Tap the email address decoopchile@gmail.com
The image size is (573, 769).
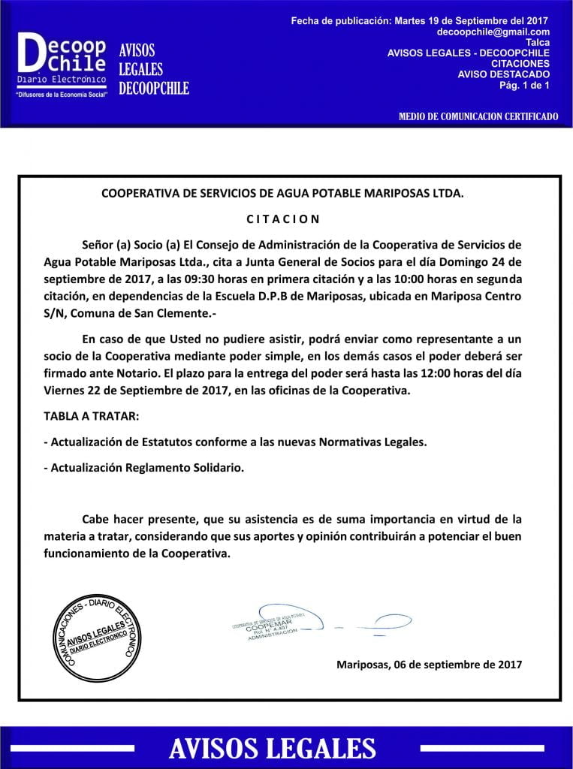tap(493, 32)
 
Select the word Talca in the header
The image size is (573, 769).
tap(538, 43)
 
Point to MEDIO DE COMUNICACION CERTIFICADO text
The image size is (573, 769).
tap(478, 116)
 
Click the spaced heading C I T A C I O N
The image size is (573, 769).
tap(283, 219)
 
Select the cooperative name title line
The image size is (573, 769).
tap(282, 193)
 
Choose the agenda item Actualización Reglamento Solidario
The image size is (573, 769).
tap(143, 467)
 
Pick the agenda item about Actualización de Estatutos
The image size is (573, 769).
tap(235, 442)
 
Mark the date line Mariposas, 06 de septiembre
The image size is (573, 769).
tap(429, 665)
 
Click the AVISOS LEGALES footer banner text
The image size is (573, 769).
tap(272, 749)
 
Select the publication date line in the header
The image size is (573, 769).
tap(419, 21)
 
